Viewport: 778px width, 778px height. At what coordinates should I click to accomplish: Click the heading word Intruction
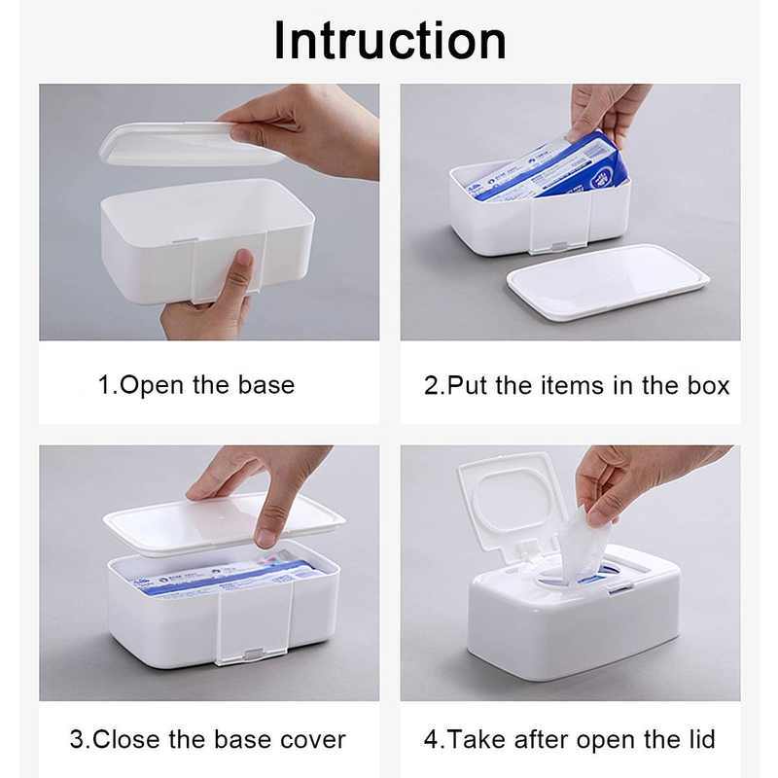389,41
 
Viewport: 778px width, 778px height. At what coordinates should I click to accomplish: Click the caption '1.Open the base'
195,385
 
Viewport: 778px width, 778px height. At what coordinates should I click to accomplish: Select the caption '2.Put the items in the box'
577,385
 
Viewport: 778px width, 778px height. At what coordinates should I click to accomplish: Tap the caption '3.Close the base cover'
207,739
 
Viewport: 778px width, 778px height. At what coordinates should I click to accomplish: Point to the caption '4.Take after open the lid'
570,739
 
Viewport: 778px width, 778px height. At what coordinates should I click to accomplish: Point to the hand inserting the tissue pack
608,107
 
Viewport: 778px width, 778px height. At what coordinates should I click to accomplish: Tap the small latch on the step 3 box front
255,656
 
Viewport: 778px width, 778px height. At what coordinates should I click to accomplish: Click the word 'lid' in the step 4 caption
696,739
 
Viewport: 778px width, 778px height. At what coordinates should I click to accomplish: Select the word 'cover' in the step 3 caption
307,739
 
